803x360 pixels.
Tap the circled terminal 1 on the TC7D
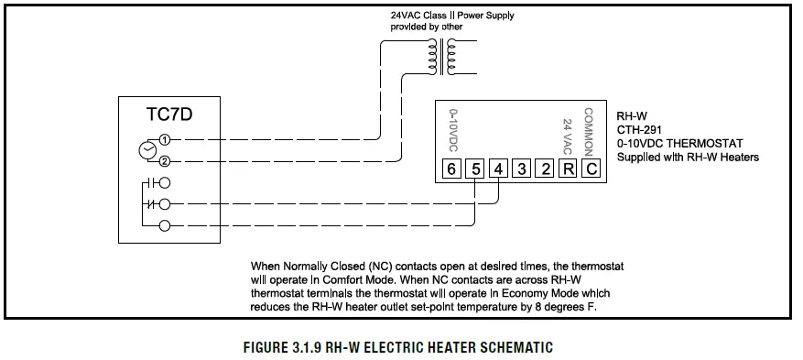[165, 139]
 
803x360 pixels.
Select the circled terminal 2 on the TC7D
[165, 161]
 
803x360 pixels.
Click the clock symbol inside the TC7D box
[146, 150]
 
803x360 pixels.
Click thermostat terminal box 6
[451, 169]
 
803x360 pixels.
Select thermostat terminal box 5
[474, 169]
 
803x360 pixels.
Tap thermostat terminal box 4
[498, 169]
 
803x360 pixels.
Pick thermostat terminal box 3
[521, 169]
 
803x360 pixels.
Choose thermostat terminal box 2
[545, 169]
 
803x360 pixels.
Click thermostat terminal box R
[568, 169]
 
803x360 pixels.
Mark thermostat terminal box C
[591, 169]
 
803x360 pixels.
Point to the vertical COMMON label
[589, 130]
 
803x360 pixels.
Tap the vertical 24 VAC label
[568, 136]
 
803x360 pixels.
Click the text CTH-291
[638, 129]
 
